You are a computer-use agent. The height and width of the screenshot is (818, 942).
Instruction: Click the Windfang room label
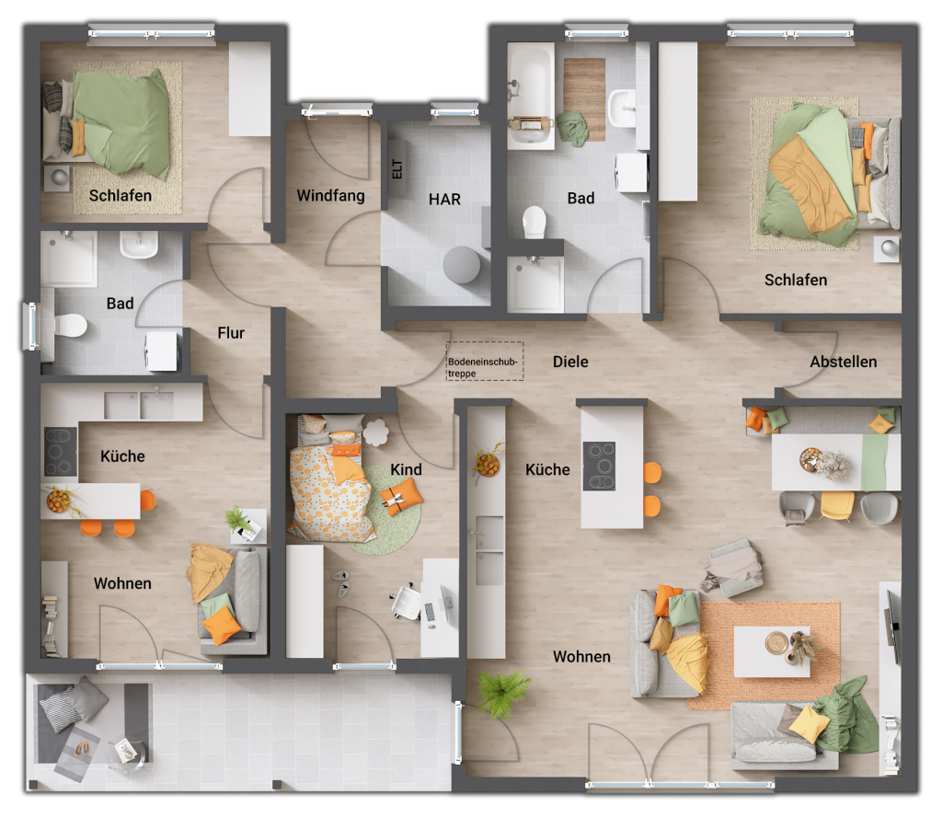(x=330, y=196)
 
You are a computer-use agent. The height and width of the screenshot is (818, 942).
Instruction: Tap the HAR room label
(x=444, y=199)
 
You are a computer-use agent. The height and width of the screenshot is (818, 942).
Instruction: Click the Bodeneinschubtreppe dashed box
(x=485, y=362)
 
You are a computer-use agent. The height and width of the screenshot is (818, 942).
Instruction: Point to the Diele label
(x=570, y=362)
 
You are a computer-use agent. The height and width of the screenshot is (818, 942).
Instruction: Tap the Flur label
(x=231, y=333)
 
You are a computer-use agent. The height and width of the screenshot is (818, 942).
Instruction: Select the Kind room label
(x=406, y=469)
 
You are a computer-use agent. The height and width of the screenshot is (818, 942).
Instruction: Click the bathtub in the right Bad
(x=530, y=97)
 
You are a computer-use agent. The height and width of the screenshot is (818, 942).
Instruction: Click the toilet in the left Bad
(x=70, y=325)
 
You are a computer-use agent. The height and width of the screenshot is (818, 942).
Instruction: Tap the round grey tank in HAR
(x=461, y=265)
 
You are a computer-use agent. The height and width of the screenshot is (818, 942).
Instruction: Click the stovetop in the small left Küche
(x=61, y=452)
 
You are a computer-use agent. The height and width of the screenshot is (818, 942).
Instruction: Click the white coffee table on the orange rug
(x=771, y=651)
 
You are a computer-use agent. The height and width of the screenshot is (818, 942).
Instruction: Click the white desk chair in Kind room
(x=406, y=602)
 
